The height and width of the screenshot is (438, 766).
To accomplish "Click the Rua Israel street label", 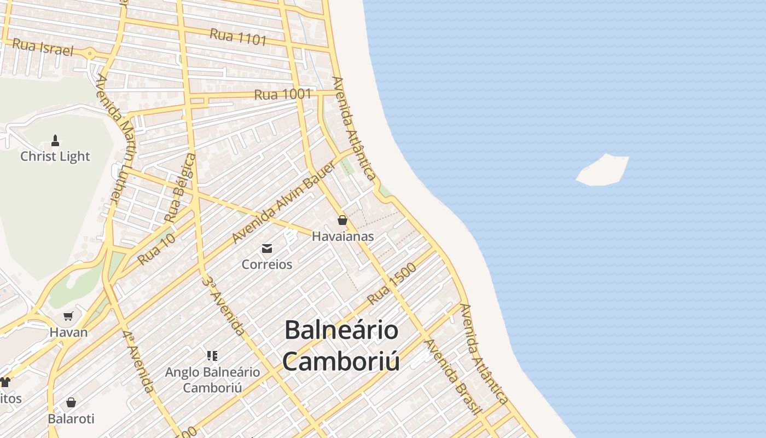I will click(42, 47).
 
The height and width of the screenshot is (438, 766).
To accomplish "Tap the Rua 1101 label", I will click(238, 37).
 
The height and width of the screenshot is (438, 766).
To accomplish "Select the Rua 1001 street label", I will click(282, 94).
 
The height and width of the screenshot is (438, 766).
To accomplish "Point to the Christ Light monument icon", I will click(55, 141).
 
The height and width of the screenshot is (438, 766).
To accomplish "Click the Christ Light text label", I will click(55, 157).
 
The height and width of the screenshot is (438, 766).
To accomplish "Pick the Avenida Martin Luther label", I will click(115, 140).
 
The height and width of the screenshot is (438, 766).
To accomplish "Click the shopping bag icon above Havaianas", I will click(343, 220).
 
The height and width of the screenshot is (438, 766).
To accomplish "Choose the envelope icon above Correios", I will click(267, 249).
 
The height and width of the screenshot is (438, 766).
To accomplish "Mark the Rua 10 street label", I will click(156, 249).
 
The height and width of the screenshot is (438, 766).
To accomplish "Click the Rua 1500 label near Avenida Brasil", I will click(392, 284).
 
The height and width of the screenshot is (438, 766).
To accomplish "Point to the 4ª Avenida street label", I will click(138, 361).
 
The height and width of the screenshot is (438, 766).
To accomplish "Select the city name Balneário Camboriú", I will click(341, 345).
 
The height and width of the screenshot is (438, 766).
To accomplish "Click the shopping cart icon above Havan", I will click(68, 316).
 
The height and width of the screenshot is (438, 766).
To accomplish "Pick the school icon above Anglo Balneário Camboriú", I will click(213, 356).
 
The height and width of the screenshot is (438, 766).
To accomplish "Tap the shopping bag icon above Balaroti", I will click(71, 402).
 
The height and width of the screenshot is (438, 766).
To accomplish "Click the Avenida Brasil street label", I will click(454, 377).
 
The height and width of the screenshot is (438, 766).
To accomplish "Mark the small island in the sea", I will click(603, 170).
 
